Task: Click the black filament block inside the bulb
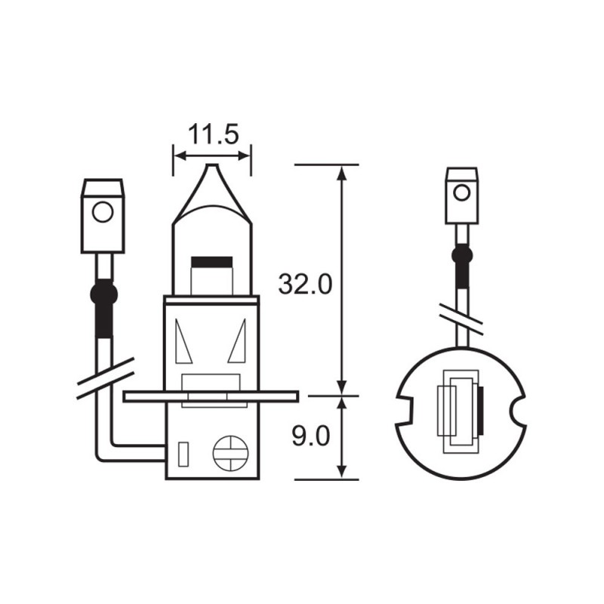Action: pos(212,262)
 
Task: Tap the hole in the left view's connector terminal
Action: pos(101,211)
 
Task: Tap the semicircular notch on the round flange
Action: pos(520,413)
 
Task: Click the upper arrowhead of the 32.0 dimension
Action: pos(343,172)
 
